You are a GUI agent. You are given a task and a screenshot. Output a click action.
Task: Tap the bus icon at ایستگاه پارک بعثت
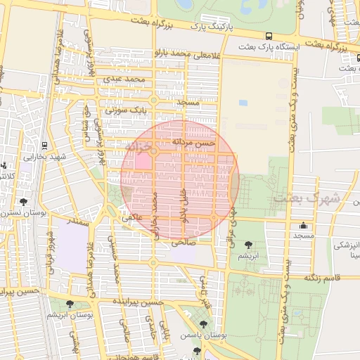click(x=269, y=36)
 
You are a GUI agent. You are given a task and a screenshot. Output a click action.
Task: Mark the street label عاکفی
click(x=132, y=218)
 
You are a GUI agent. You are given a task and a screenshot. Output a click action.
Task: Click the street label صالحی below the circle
click(x=181, y=242)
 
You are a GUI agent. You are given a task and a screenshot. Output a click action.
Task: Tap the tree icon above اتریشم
click(x=247, y=245)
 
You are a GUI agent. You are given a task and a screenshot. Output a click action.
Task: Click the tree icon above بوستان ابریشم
click(x=69, y=304)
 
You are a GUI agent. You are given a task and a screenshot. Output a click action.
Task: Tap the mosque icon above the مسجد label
click(x=304, y=226)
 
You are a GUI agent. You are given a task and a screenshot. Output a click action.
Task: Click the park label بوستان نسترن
click(x=22, y=212)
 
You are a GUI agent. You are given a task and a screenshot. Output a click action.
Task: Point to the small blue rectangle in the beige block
click(x=243, y=103)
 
